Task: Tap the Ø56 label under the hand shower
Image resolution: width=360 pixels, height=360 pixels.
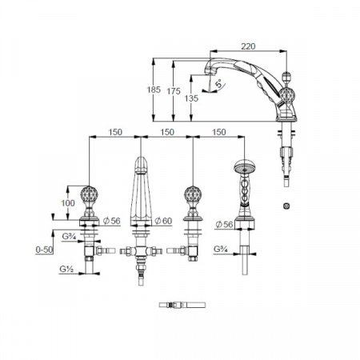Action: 227,224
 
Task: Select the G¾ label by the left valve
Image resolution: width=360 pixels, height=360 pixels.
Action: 70,237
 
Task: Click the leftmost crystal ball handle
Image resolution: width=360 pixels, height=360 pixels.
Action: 94,194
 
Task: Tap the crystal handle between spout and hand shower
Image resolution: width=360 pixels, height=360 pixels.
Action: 192,194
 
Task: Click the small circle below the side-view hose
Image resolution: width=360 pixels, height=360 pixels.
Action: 286,206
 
